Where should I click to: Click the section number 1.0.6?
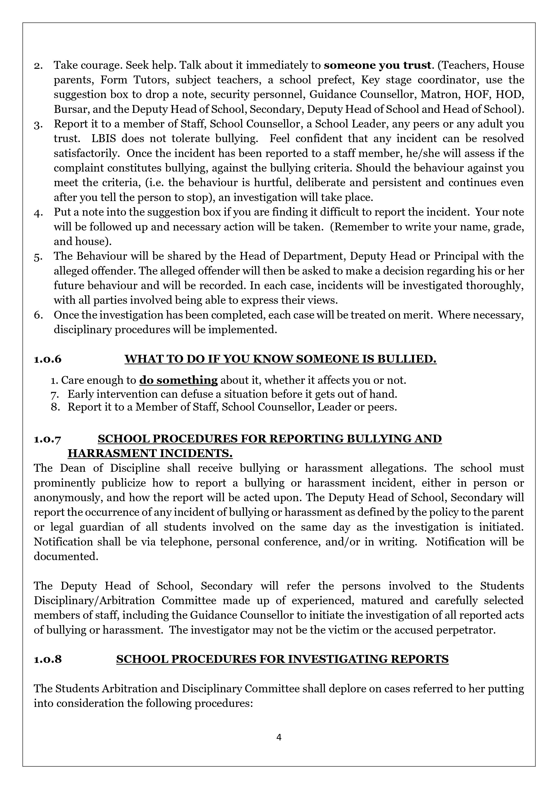tap(47, 359)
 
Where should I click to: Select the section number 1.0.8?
tap(47, 659)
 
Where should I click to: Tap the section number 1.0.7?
tap(47, 439)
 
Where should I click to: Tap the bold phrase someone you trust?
tap(377, 65)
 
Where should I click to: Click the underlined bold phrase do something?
tap(178, 380)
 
